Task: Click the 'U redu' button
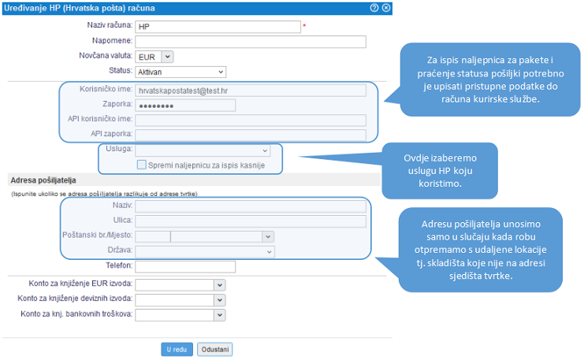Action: [x=177, y=350]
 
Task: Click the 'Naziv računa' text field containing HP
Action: [x=218, y=27]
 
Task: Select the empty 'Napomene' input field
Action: [x=251, y=42]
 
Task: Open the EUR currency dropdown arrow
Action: [x=168, y=57]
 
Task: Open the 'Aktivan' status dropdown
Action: [x=180, y=72]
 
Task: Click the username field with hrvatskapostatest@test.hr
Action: [x=251, y=91]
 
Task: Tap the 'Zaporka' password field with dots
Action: [x=185, y=106]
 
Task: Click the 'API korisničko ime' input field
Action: [x=251, y=121]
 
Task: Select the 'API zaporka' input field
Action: [x=251, y=135]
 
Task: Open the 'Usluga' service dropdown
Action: [x=203, y=150]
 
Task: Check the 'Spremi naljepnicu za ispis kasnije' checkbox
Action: [x=142, y=165]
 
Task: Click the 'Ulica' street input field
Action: [x=251, y=221]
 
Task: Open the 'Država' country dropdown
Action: [x=205, y=251]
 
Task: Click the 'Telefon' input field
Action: [x=185, y=266]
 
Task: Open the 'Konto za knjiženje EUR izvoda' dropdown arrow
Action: [x=220, y=285]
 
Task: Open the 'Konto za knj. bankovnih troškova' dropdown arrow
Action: [x=220, y=315]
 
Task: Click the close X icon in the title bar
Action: [x=387, y=8]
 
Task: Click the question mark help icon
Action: [x=374, y=8]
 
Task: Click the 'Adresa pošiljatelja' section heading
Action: [x=43, y=180]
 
